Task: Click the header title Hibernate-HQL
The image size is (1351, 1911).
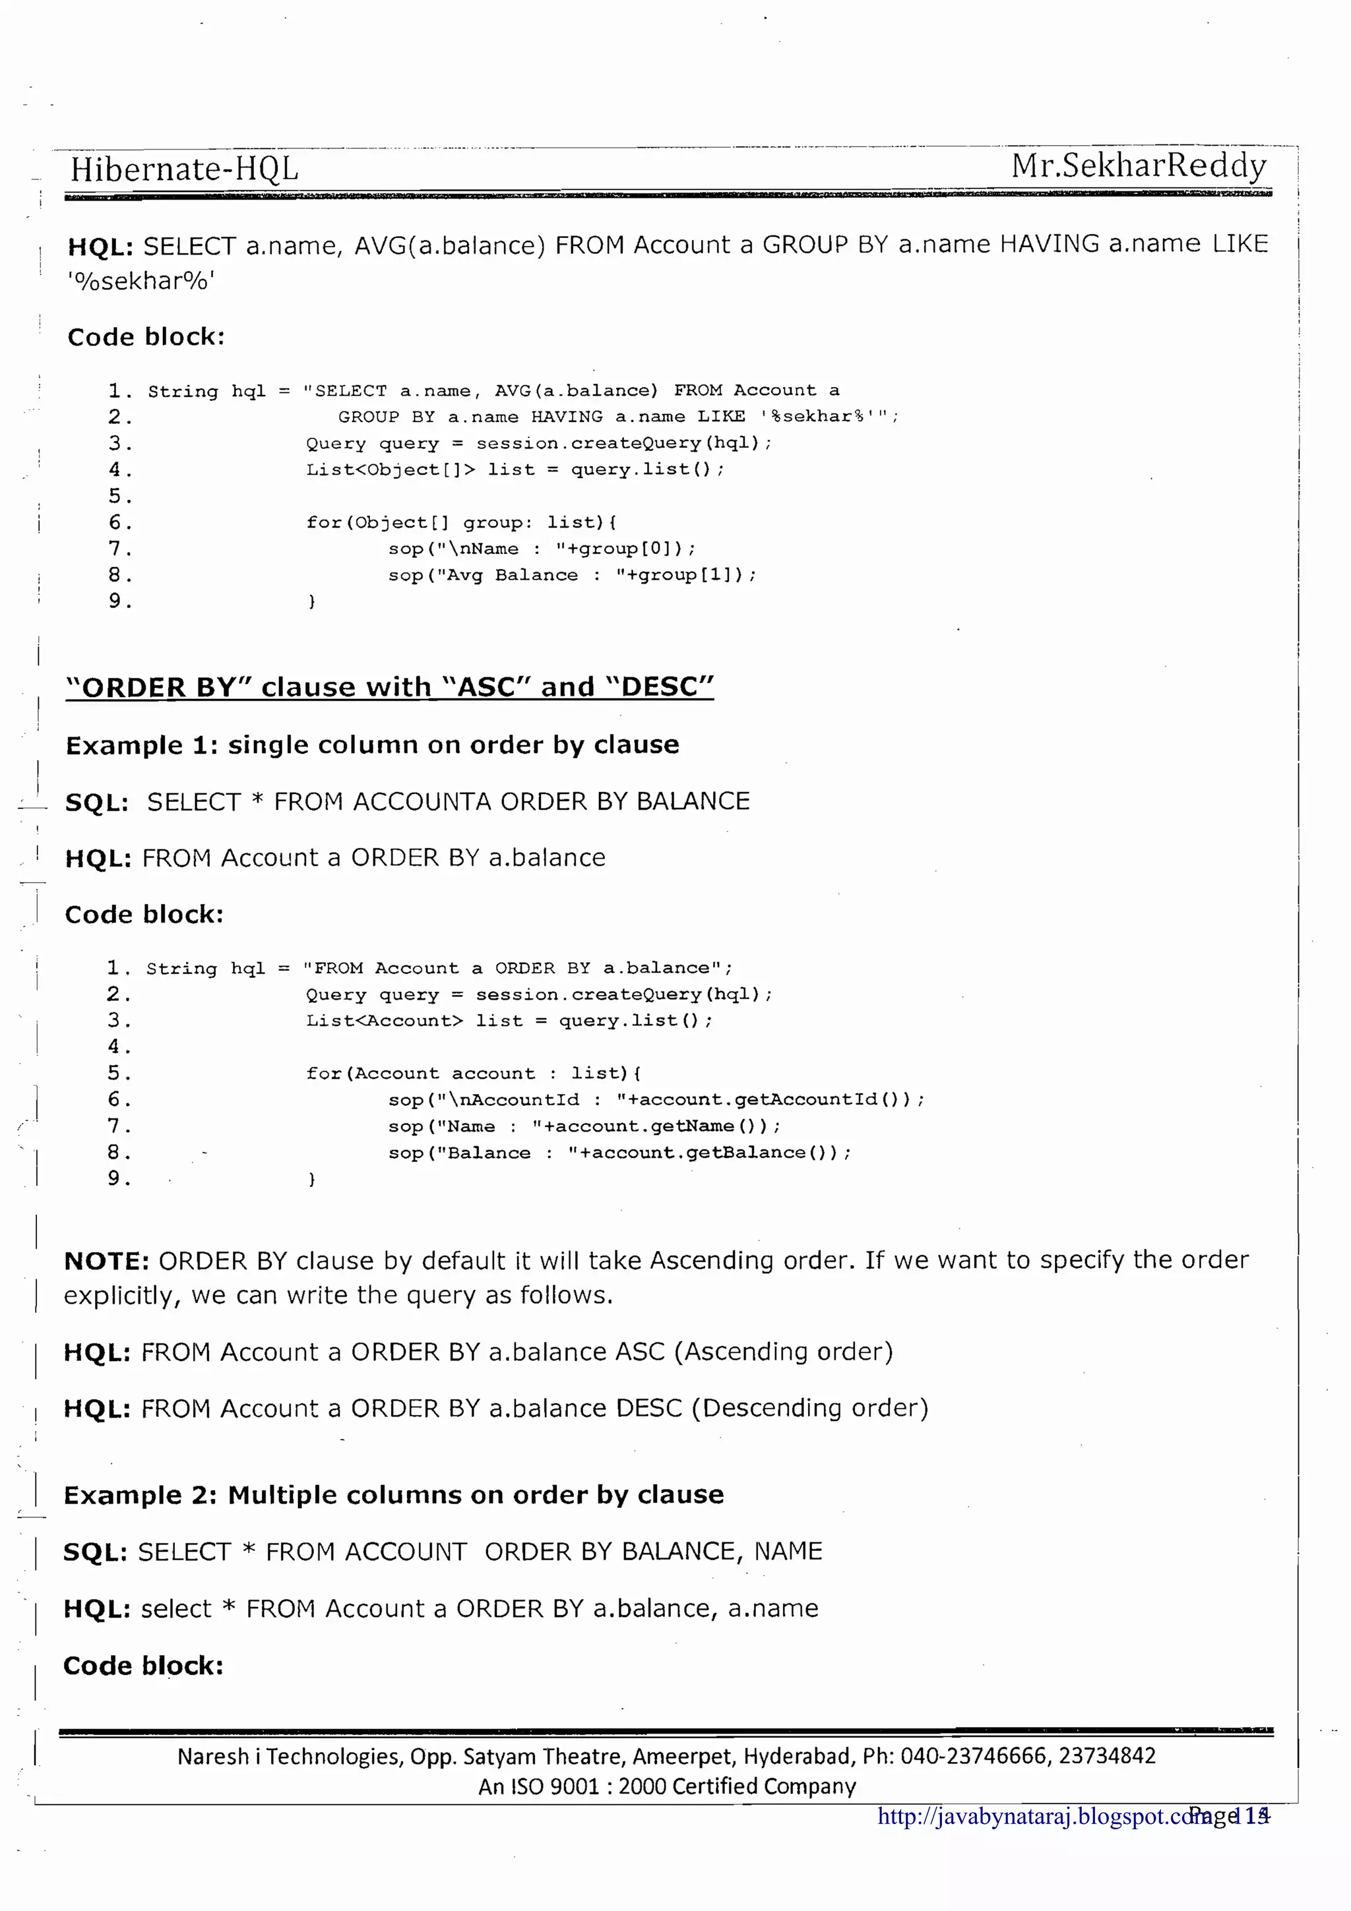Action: pos(184,169)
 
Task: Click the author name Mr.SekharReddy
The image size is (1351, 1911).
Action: pos(1138,166)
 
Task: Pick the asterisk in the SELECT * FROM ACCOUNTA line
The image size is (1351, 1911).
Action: pos(257,801)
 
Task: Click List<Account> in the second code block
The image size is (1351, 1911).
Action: pos(384,1020)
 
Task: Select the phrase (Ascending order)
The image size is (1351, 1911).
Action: pos(783,1351)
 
